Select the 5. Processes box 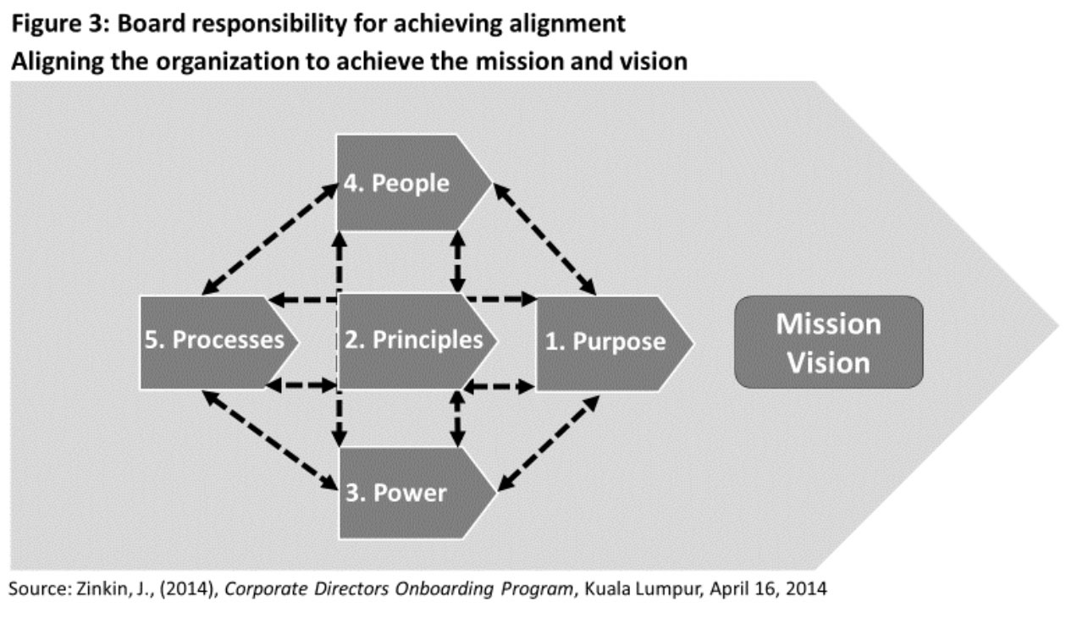pos(215,341)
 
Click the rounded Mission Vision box pos(828,342)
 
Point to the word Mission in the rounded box pos(828,323)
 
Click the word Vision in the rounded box pos(828,362)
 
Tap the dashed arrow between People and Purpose pos(545,240)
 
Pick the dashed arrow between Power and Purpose pos(548,443)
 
